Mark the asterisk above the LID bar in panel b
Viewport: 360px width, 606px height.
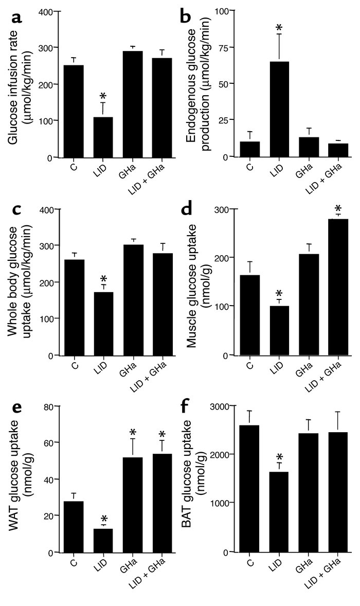click(x=278, y=27)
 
